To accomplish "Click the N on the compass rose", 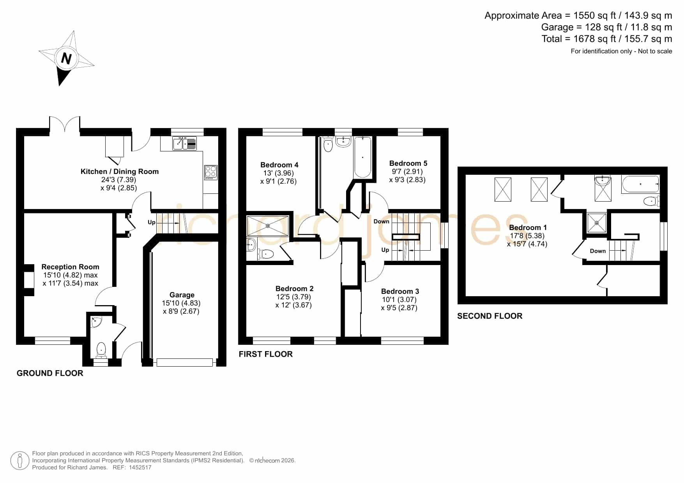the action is click(x=66, y=58).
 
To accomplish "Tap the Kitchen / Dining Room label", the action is click(x=119, y=171).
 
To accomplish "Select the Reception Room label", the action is click(x=70, y=267).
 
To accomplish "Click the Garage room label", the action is click(x=182, y=295).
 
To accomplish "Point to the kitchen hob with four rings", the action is click(x=211, y=172).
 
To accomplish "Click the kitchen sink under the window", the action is click(x=185, y=143).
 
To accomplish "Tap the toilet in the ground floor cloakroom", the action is click(x=101, y=350).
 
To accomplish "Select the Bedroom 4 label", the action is click(x=279, y=165).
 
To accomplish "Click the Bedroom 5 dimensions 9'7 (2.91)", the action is click(x=407, y=171).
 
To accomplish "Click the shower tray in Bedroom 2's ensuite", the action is click(x=267, y=226).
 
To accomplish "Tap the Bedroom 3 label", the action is click(x=400, y=291).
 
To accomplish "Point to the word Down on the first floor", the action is click(x=381, y=221).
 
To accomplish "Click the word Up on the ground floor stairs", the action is click(x=151, y=222).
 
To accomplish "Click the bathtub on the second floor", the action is click(x=640, y=184).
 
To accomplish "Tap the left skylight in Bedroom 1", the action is click(x=503, y=189).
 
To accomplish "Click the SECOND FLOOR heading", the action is click(x=490, y=316).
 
